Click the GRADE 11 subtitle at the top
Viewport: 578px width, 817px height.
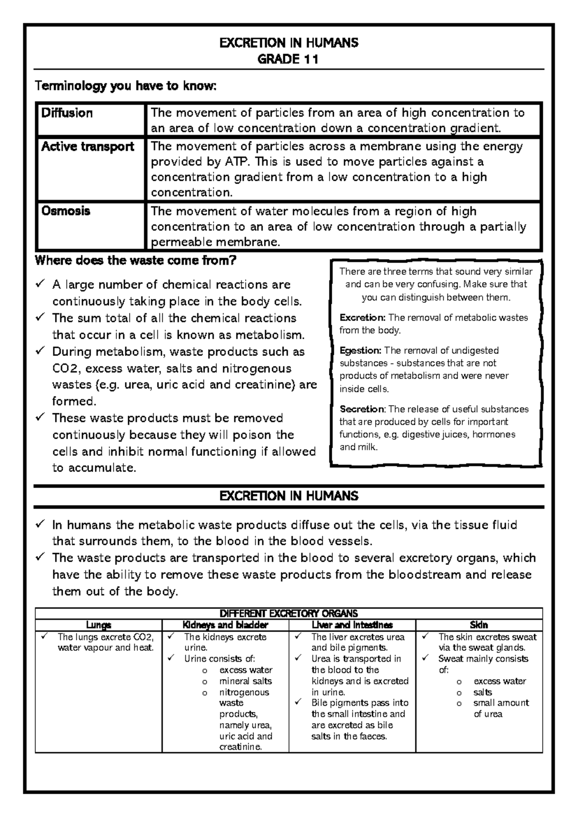289,59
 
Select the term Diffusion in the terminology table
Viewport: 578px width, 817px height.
67,113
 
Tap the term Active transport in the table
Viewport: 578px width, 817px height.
88,146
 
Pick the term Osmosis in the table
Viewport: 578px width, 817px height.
66,211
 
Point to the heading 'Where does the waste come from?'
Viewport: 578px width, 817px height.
136,261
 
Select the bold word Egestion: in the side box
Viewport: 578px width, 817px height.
360,350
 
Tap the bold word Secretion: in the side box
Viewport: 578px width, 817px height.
362,409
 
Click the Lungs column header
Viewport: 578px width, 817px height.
98,625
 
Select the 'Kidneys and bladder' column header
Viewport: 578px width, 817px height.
225,625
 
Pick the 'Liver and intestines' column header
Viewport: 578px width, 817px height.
352,625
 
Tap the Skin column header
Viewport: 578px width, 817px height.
479,625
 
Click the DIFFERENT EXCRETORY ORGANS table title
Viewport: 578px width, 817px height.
289,613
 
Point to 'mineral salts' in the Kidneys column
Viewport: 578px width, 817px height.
246,681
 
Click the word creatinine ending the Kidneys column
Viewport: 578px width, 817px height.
240,747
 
